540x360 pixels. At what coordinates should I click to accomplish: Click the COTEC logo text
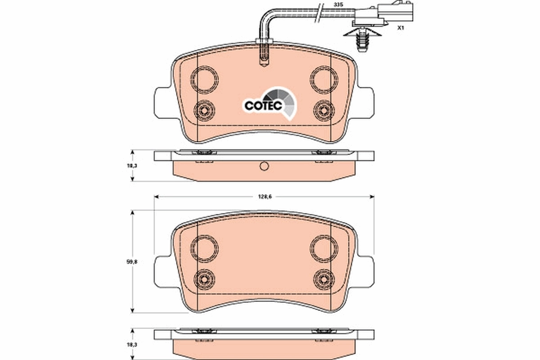click(263, 105)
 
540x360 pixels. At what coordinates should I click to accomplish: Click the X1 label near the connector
click(400, 28)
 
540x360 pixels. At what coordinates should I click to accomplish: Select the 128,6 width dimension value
click(264, 196)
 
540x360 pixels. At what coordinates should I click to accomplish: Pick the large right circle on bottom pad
click(324, 247)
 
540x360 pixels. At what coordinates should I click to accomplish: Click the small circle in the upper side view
click(264, 167)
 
